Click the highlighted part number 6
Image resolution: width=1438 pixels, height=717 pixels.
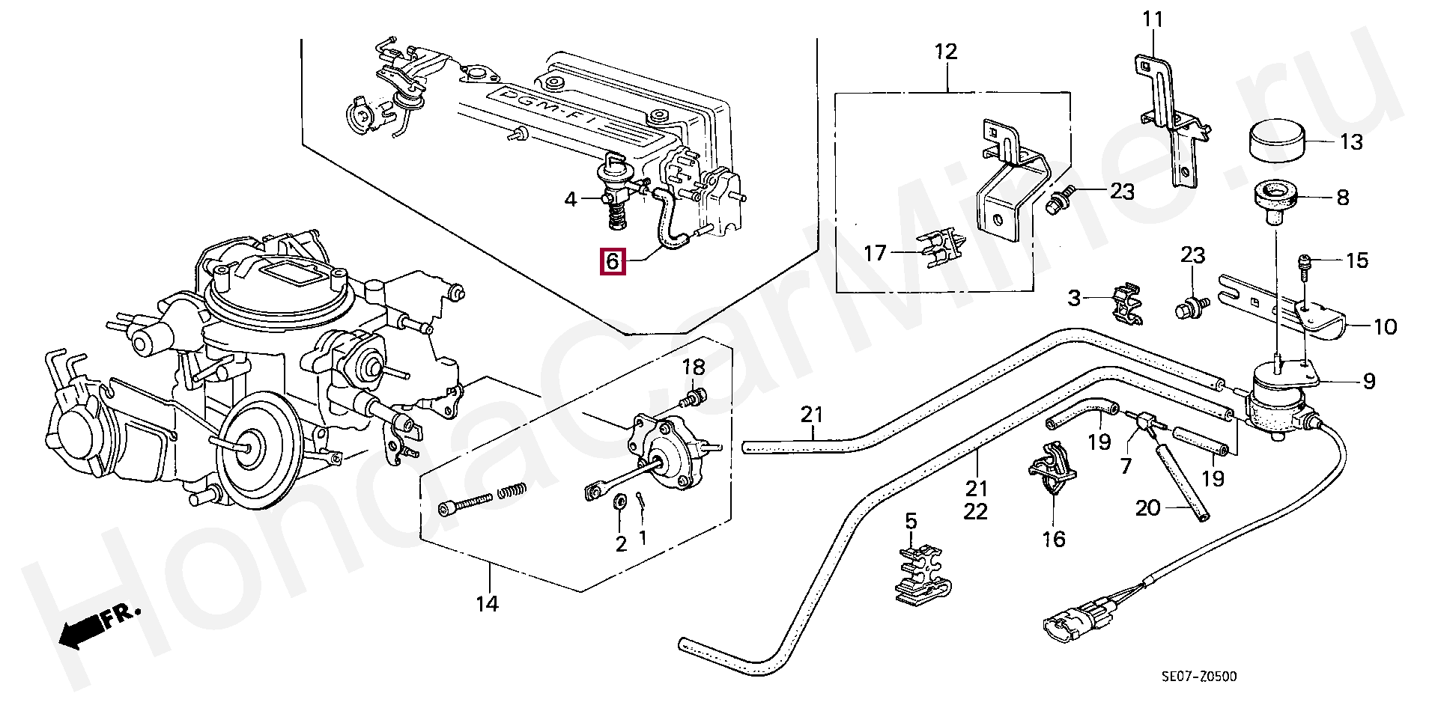(x=612, y=262)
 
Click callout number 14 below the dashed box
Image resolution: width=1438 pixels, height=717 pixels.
(x=488, y=603)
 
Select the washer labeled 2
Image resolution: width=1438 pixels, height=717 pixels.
(x=621, y=502)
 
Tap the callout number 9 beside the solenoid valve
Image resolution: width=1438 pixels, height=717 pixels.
(x=1369, y=382)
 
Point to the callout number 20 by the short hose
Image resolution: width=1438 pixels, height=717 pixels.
(x=1148, y=508)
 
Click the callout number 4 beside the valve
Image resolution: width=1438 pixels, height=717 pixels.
(x=571, y=199)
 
